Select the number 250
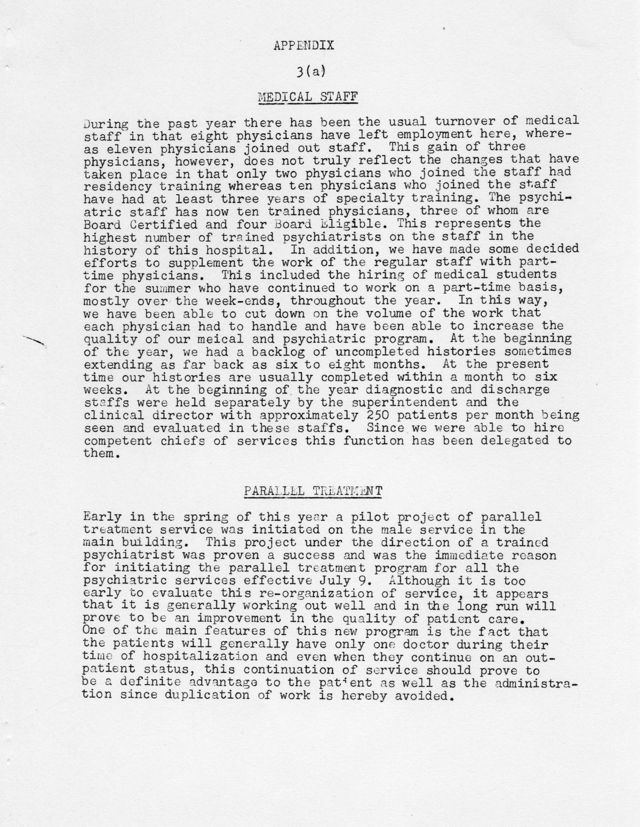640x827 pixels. tap(377, 415)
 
